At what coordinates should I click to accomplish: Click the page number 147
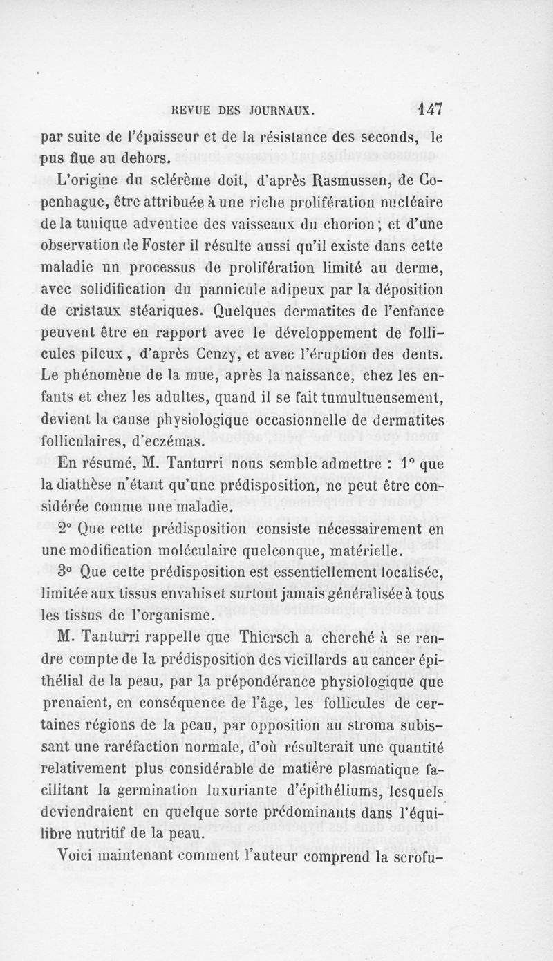(430, 108)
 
